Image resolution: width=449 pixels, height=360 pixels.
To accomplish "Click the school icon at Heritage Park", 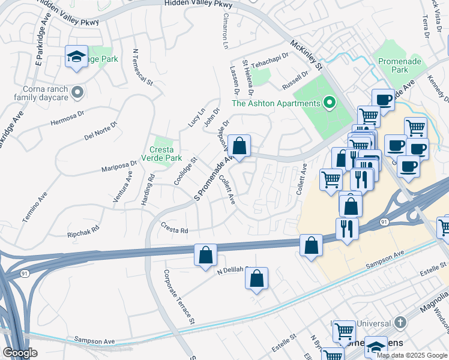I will [76, 57].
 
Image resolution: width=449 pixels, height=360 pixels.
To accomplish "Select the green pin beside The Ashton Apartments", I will [328, 104].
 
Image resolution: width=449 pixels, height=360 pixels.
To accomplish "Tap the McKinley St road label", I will [306, 54].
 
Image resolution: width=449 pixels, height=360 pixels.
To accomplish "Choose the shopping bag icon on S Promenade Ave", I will [239, 146].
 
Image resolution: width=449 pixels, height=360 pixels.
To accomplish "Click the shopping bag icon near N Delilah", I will [256, 278].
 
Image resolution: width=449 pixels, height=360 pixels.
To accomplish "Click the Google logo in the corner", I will [20, 352].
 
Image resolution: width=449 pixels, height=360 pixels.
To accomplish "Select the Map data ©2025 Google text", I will [412, 355].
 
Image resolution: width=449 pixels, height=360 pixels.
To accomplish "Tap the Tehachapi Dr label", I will [270, 64].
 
